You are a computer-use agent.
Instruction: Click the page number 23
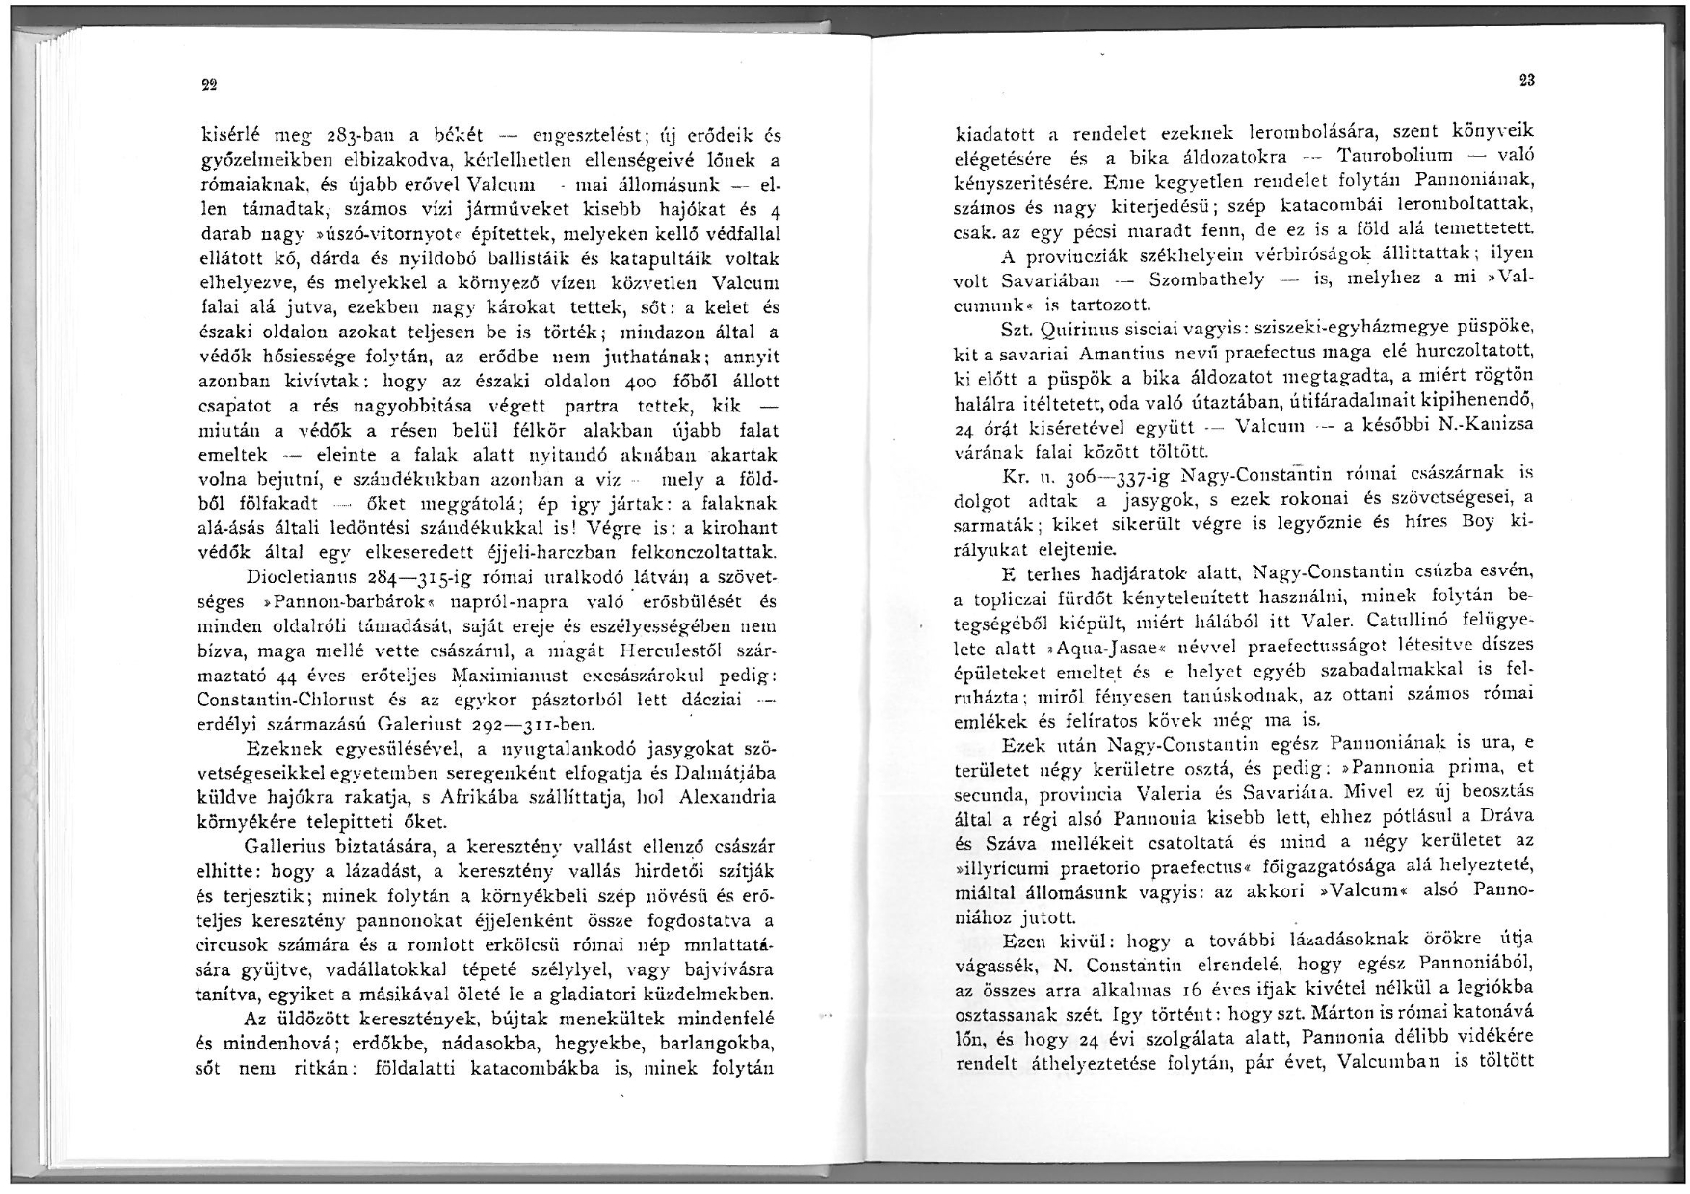tap(1526, 81)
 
